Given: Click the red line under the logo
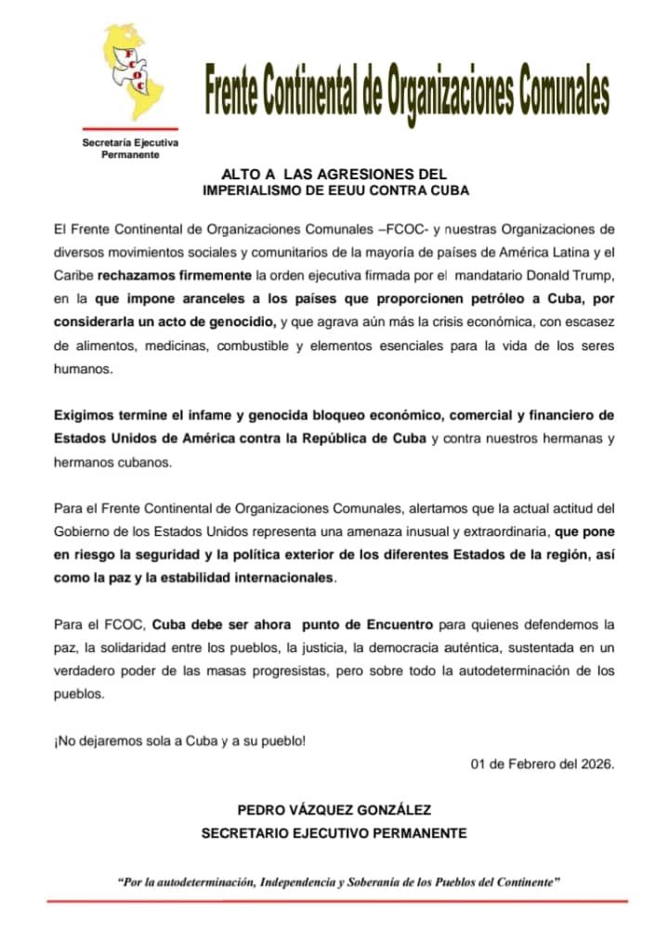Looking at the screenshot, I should pyautogui.click(x=129, y=128).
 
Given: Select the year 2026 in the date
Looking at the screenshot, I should pyautogui.click(x=596, y=764).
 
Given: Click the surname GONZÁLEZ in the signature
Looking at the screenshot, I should pyautogui.click(x=376, y=810).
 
